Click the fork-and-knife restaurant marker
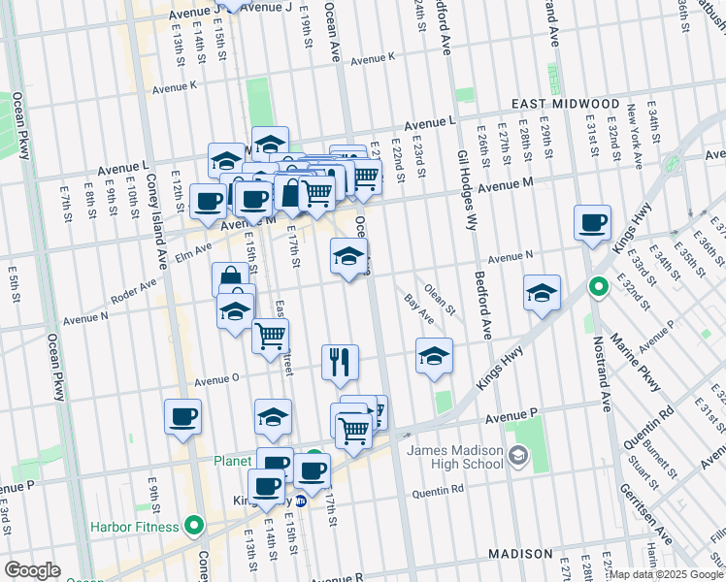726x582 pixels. pyautogui.click(x=340, y=363)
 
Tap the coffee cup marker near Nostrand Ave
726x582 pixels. pyautogui.click(x=591, y=223)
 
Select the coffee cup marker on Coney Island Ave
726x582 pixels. pyautogui.click(x=182, y=417)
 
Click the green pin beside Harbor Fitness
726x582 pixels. pyautogui.click(x=194, y=527)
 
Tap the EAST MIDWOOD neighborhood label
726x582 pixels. pyautogui.click(x=566, y=104)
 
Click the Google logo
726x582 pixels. pyautogui.click(x=32, y=570)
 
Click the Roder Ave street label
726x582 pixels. pyautogui.click(x=134, y=288)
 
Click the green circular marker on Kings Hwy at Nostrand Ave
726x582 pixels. pyautogui.click(x=599, y=287)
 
